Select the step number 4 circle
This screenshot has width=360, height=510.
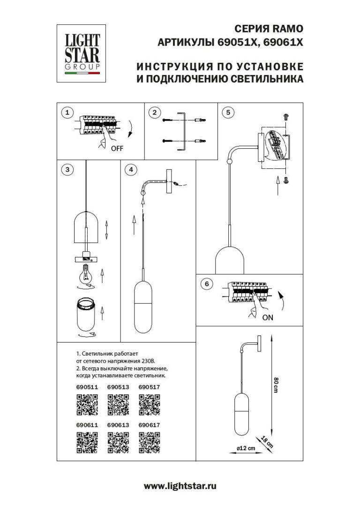[x=132, y=169]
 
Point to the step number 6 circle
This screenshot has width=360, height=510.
[x=207, y=284]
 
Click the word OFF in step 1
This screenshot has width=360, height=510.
[x=117, y=148]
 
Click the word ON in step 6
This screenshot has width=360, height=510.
[x=268, y=317]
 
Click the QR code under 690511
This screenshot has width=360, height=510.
[x=87, y=404]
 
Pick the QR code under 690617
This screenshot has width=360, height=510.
[x=150, y=442]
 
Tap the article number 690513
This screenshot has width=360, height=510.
[x=118, y=388]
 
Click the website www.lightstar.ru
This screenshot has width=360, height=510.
[x=180, y=486]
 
